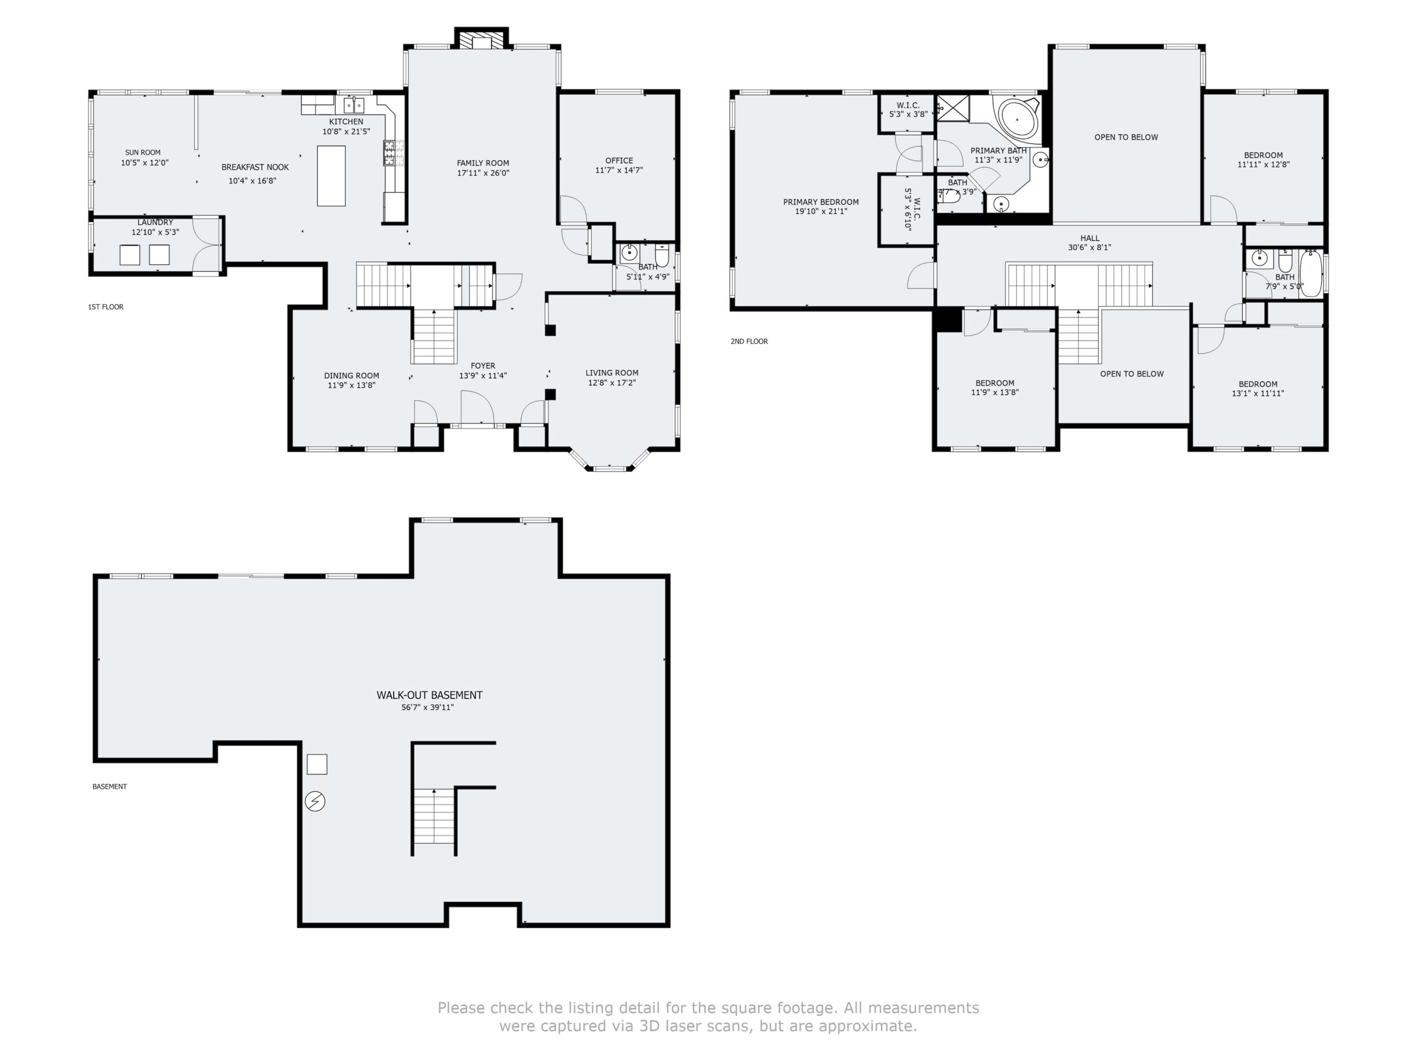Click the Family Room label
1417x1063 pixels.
pos(483,163)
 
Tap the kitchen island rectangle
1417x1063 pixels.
pos(331,176)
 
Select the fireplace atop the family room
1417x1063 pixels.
pos(482,39)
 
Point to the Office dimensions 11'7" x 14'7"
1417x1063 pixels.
pos(619,171)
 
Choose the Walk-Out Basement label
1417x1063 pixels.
pos(429,695)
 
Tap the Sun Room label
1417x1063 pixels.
pos(143,152)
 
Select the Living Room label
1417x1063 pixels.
pos(612,373)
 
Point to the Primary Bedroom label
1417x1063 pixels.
pos(821,202)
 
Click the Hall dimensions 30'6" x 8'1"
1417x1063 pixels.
pos(1090,247)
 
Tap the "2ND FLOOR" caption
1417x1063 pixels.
pos(749,342)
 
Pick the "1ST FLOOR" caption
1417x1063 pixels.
pos(106,307)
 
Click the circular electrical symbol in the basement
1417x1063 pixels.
pos(315,802)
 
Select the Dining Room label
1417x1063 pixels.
pos(351,376)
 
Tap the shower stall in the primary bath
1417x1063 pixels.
pos(953,107)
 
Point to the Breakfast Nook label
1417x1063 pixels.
pos(255,167)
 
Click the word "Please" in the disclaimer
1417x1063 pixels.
pos(461,1008)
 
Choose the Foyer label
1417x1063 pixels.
pos(483,366)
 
